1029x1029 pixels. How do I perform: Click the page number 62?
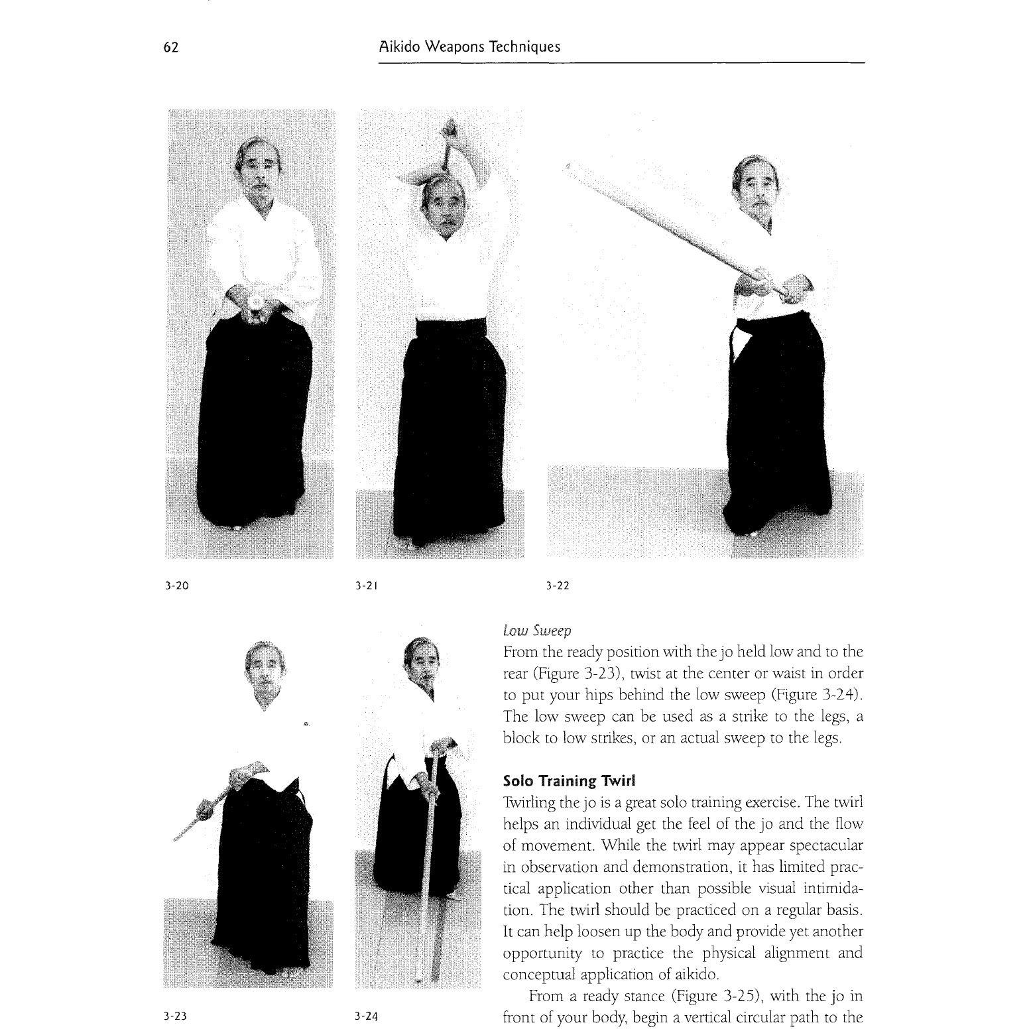171,48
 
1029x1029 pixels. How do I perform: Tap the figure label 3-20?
177,586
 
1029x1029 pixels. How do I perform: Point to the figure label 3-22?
558,586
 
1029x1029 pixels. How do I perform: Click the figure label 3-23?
176,1016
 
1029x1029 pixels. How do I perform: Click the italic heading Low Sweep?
537,631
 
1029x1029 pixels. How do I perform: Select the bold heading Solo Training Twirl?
569,780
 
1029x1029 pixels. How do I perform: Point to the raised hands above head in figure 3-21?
450,135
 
